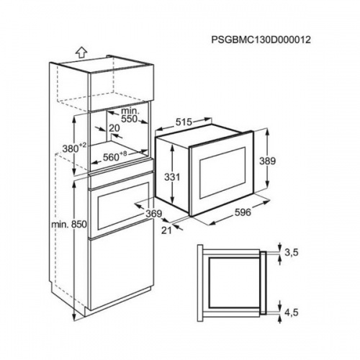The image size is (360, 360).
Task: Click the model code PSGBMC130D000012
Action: click(261, 40)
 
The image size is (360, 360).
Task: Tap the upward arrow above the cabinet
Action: click(81, 53)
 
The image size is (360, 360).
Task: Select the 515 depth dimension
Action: click(184, 122)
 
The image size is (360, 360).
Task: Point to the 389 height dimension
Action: click(268, 161)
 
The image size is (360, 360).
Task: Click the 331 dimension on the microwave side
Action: click(172, 177)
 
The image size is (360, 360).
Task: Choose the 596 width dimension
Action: click(243, 212)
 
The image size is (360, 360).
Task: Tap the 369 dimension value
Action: click(154, 213)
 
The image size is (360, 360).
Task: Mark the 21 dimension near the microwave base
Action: click(166, 230)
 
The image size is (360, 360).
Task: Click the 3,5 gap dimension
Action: click(291, 252)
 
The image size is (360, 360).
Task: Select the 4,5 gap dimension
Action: click(291, 312)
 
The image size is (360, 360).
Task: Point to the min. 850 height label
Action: click(69, 225)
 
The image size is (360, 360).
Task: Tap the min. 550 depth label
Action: click(130, 114)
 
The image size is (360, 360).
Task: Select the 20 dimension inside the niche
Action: click(114, 128)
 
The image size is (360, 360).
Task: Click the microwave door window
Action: click(223, 173)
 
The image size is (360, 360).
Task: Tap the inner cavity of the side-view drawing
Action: click(234, 282)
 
